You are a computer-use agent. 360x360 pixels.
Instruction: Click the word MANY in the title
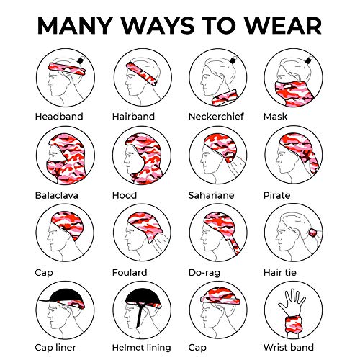pos(75,25)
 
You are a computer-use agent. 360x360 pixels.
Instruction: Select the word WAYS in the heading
pos(158,25)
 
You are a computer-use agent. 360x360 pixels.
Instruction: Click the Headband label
pos(59,117)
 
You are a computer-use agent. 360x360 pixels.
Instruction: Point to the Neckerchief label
pos(216,117)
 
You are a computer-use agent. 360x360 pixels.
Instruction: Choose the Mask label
pos(275,117)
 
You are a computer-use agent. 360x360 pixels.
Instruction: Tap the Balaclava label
pos(57,195)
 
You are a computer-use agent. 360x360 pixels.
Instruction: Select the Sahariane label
pos(211,195)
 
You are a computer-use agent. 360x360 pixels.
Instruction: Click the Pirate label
pos(276,195)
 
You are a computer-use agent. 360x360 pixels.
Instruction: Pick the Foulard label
pos(130,272)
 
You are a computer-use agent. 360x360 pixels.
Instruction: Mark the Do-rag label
pos(204,273)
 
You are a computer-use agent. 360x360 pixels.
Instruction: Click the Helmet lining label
pos(142,348)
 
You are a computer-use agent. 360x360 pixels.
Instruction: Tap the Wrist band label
pos(289,347)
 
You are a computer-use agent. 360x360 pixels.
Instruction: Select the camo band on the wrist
pos(293,324)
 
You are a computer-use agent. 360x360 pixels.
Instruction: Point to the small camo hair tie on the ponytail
pos(313,233)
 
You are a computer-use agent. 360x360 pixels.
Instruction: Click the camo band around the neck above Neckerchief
pos(225,98)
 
